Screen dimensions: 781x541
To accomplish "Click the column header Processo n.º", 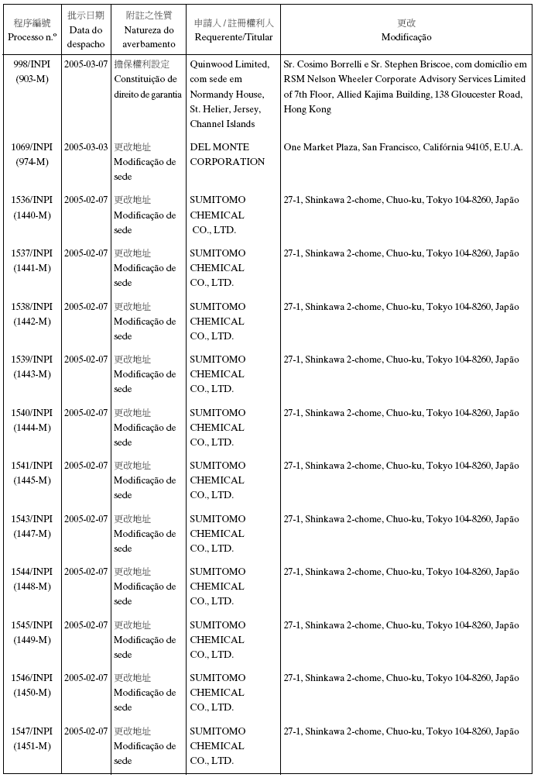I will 32,37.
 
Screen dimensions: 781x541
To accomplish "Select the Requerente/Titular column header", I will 234,37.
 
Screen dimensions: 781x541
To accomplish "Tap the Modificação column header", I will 406,37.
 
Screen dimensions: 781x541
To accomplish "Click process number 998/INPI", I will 32,64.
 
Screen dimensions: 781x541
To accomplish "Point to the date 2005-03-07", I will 86,64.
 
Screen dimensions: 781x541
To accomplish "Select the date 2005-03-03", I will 86,147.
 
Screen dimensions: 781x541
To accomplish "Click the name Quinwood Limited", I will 230,64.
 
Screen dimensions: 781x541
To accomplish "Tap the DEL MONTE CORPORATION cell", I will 228,154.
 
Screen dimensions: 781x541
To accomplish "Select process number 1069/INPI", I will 32,147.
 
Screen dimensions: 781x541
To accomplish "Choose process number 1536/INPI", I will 32,200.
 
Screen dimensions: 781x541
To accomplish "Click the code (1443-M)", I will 32,374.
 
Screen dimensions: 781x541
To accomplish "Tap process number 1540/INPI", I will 32,413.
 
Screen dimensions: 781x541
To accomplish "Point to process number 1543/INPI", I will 32,519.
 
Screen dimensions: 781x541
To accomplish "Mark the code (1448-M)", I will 32,587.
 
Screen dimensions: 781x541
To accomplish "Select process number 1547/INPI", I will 32,731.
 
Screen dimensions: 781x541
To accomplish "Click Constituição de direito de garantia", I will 147,87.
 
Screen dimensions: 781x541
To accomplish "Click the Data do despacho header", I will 86,37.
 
